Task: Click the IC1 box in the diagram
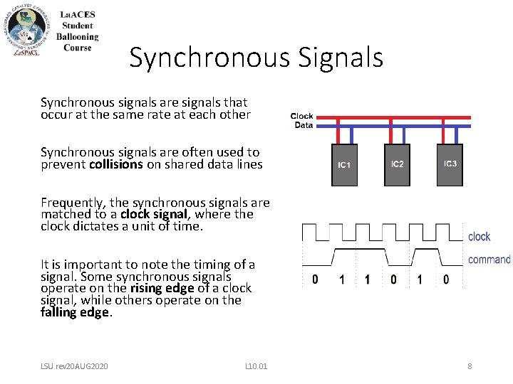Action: tap(344, 165)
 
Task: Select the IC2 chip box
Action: tap(397, 164)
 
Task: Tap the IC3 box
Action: tap(450, 164)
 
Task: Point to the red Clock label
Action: tap(302, 116)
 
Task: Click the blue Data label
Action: tap(304, 125)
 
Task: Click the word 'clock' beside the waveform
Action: tap(479, 236)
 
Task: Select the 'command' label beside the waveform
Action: tap(489, 260)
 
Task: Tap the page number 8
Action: tap(470, 366)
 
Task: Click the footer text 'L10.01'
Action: tap(256, 366)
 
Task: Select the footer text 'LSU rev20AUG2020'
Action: tap(74, 366)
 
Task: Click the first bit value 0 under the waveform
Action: tap(316, 279)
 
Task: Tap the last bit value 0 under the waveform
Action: tap(446, 279)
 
